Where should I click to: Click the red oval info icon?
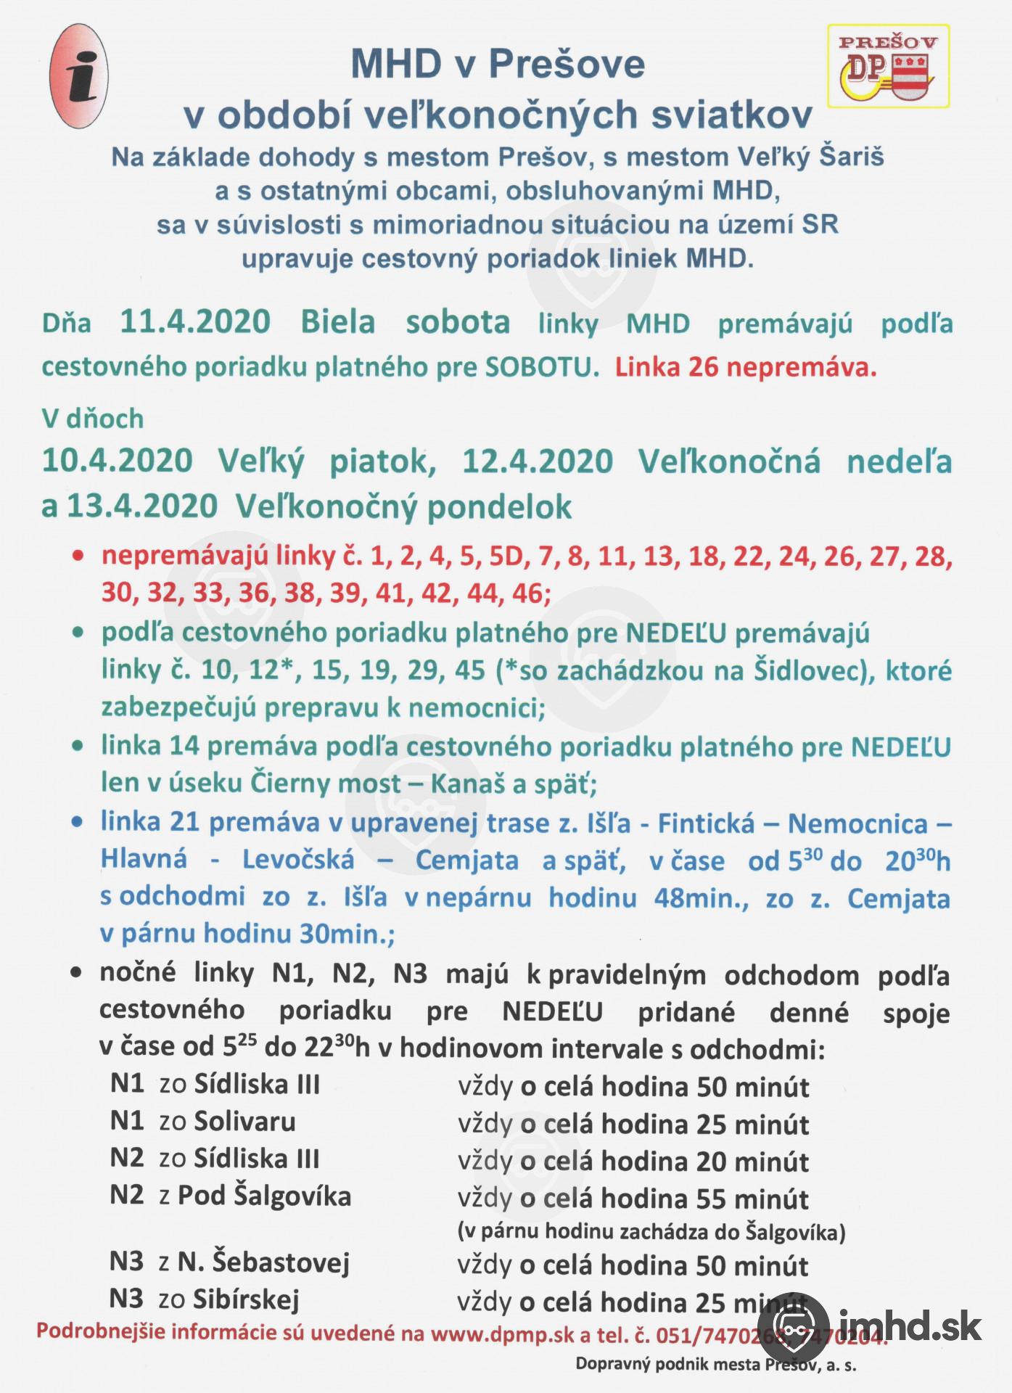[x=81, y=75]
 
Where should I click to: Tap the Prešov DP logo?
[x=889, y=67]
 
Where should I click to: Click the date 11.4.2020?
[x=195, y=321]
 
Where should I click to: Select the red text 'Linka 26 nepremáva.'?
[x=746, y=367]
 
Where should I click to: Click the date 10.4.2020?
[x=117, y=461]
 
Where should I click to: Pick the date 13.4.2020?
[x=142, y=506]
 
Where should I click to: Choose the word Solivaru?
[x=245, y=1122]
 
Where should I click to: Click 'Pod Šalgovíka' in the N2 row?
[x=264, y=1196]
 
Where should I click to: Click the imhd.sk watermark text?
[x=910, y=1327]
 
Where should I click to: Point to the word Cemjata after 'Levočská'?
[x=466, y=860]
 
